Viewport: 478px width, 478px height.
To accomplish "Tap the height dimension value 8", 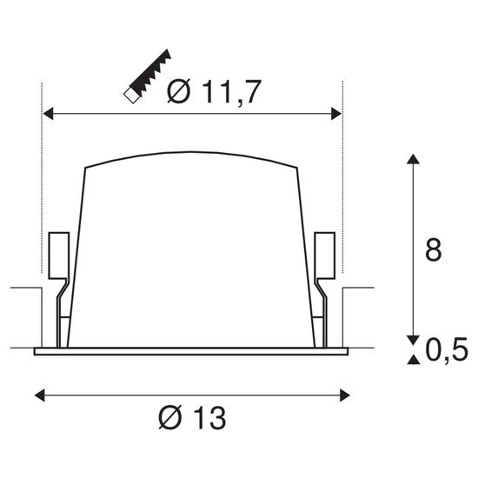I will point(432,249).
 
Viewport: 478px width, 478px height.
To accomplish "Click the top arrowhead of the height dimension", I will point(412,161).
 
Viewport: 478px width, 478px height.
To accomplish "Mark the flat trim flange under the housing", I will point(191,351).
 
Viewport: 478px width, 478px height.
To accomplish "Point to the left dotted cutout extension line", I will point(42,174).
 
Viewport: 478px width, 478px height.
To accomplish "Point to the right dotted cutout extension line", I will point(344,174).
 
